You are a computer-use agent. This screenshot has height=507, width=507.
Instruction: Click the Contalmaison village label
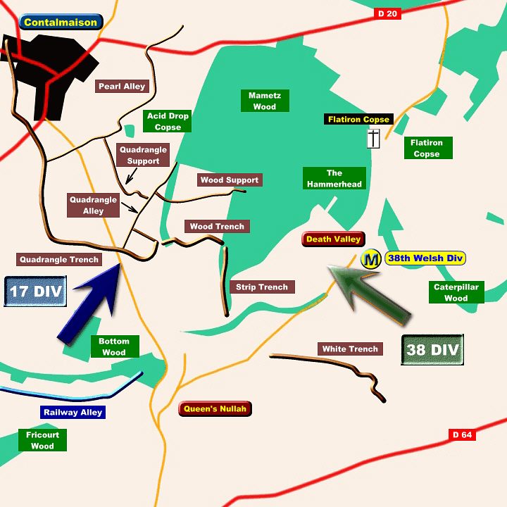pos(61,23)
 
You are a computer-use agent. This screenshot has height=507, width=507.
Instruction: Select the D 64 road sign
pos(462,434)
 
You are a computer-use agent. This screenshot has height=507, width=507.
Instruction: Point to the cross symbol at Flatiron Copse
pos(373,138)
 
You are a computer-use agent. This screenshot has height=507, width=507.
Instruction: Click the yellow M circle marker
pos(370,259)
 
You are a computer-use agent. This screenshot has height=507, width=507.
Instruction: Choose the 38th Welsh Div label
pos(425,258)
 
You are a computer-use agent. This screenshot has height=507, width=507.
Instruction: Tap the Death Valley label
pos(333,239)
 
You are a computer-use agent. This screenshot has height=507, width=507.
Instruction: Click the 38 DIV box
pos(432,349)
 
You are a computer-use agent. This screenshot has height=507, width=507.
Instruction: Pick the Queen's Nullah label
pos(215,408)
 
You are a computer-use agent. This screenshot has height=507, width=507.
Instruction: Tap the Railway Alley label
pos(73,412)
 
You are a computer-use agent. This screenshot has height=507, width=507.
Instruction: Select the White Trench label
pos(350,349)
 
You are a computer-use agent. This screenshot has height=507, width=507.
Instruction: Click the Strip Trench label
pos(262,287)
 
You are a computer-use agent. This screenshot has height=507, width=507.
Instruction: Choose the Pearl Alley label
pos(122,86)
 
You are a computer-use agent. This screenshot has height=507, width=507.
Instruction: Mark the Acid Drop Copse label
pos(168,122)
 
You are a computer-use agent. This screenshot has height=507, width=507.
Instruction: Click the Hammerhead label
pos(334,178)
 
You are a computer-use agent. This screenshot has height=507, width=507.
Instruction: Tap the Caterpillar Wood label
pos(456,292)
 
